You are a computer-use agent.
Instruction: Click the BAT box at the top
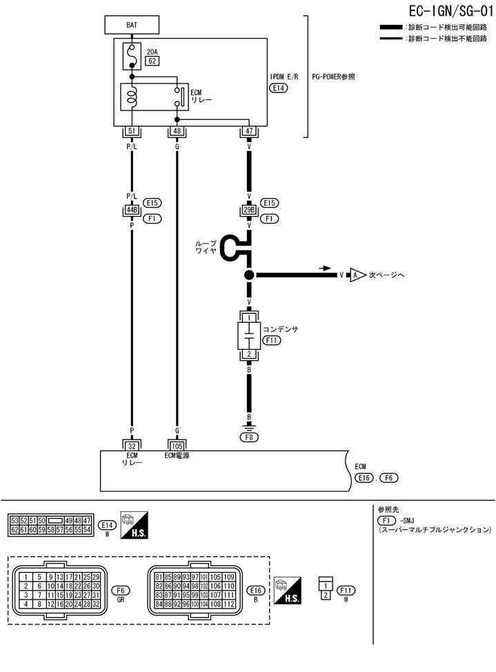tap(132, 25)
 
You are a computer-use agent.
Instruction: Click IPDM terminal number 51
tap(131, 131)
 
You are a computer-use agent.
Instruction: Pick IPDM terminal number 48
tap(177, 131)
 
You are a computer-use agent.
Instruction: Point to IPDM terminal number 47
tap(249, 131)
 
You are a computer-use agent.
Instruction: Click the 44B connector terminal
tap(131, 210)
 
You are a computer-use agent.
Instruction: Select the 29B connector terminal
tap(249, 210)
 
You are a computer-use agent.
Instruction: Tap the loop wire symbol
tap(235, 248)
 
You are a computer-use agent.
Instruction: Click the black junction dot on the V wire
tap(249, 275)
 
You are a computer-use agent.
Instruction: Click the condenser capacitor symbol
tap(249, 336)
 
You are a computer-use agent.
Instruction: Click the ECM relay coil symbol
tap(131, 97)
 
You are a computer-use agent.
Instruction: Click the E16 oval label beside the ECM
tap(364, 477)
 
